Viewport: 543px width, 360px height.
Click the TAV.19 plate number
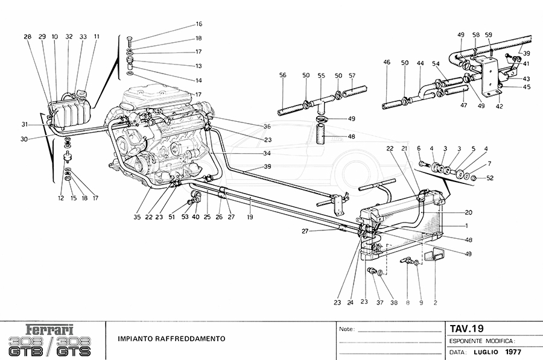[x=467, y=329]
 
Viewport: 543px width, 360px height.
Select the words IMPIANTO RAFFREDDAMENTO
[x=172, y=339]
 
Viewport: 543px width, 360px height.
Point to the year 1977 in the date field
[x=513, y=352]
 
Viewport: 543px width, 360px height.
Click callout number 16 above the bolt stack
[x=198, y=25]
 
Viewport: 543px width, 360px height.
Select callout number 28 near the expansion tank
[x=27, y=37]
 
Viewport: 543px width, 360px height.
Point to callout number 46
[x=387, y=62]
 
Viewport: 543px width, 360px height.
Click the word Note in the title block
[x=346, y=329]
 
